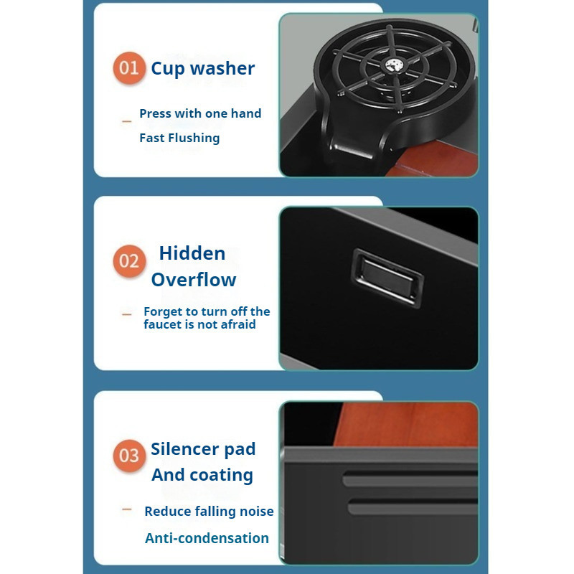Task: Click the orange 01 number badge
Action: pyautogui.click(x=129, y=68)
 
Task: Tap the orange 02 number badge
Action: pyautogui.click(x=129, y=261)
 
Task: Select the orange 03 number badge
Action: pyautogui.click(x=129, y=456)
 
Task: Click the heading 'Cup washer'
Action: pyautogui.click(x=203, y=69)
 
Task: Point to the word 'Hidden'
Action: pyautogui.click(x=192, y=253)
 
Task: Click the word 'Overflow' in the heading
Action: pyautogui.click(x=194, y=280)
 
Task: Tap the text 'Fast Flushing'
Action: pyautogui.click(x=179, y=138)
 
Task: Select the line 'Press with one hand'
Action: pyautogui.click(x=200, y=113)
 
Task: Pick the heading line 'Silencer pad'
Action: pyautogui.click(x=203, y=449)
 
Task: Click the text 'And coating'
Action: pyautogui.click(x=202, y=475)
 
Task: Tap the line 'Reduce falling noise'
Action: pyautogui.click(x=209, y=511)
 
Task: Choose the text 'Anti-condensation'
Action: pyautogui.click(x=207, y=538)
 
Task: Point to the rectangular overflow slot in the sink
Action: pyautogui.click(x=387, y=278)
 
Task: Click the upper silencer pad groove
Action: pyautogui.click(x=410, y=479)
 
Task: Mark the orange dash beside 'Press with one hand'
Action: pyautogui.click(x=127, y=121)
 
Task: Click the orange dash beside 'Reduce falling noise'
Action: pyautogui.click(x=127, y=509)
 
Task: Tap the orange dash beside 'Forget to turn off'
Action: pyautogui.click(x=127, y=314)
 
